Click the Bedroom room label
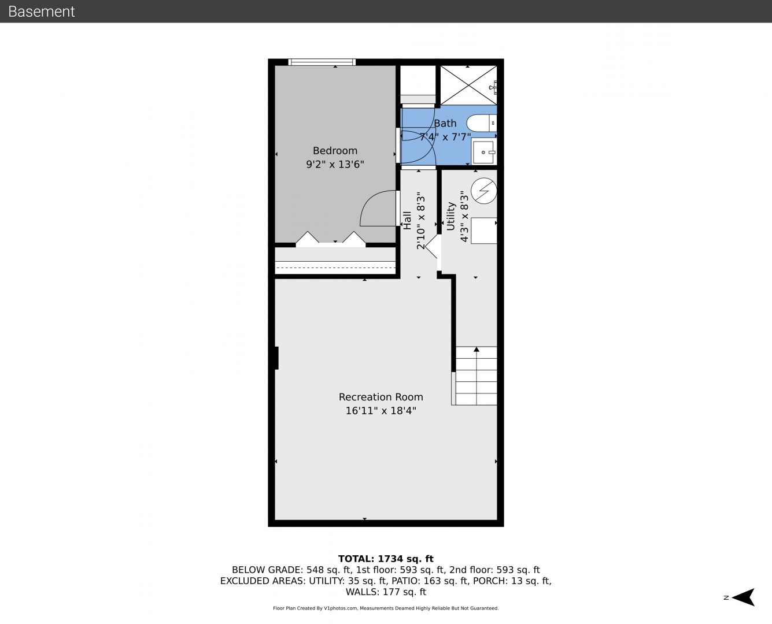[x=335, y=151]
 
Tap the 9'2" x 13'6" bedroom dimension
[x=335, y=165]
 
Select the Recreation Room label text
[x=381, y=397]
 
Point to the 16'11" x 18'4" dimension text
[x=381, y=411]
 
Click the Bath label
[x=445, y=124]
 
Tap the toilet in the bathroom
[x=481, y=123]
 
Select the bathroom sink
[x=484, y=152]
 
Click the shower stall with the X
[x=468, y=85]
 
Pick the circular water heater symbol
[x=484, y=191]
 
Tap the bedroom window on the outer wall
[x=322, y=62]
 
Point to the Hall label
[x=407, y=220]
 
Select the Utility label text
[x=450, y=216]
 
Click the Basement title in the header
[x=41, y=12]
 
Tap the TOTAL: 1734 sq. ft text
[x=386, y=559]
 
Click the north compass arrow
[x=743, y=597]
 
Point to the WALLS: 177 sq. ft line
[x=386, y=592]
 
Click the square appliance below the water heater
[x=484, y=231]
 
